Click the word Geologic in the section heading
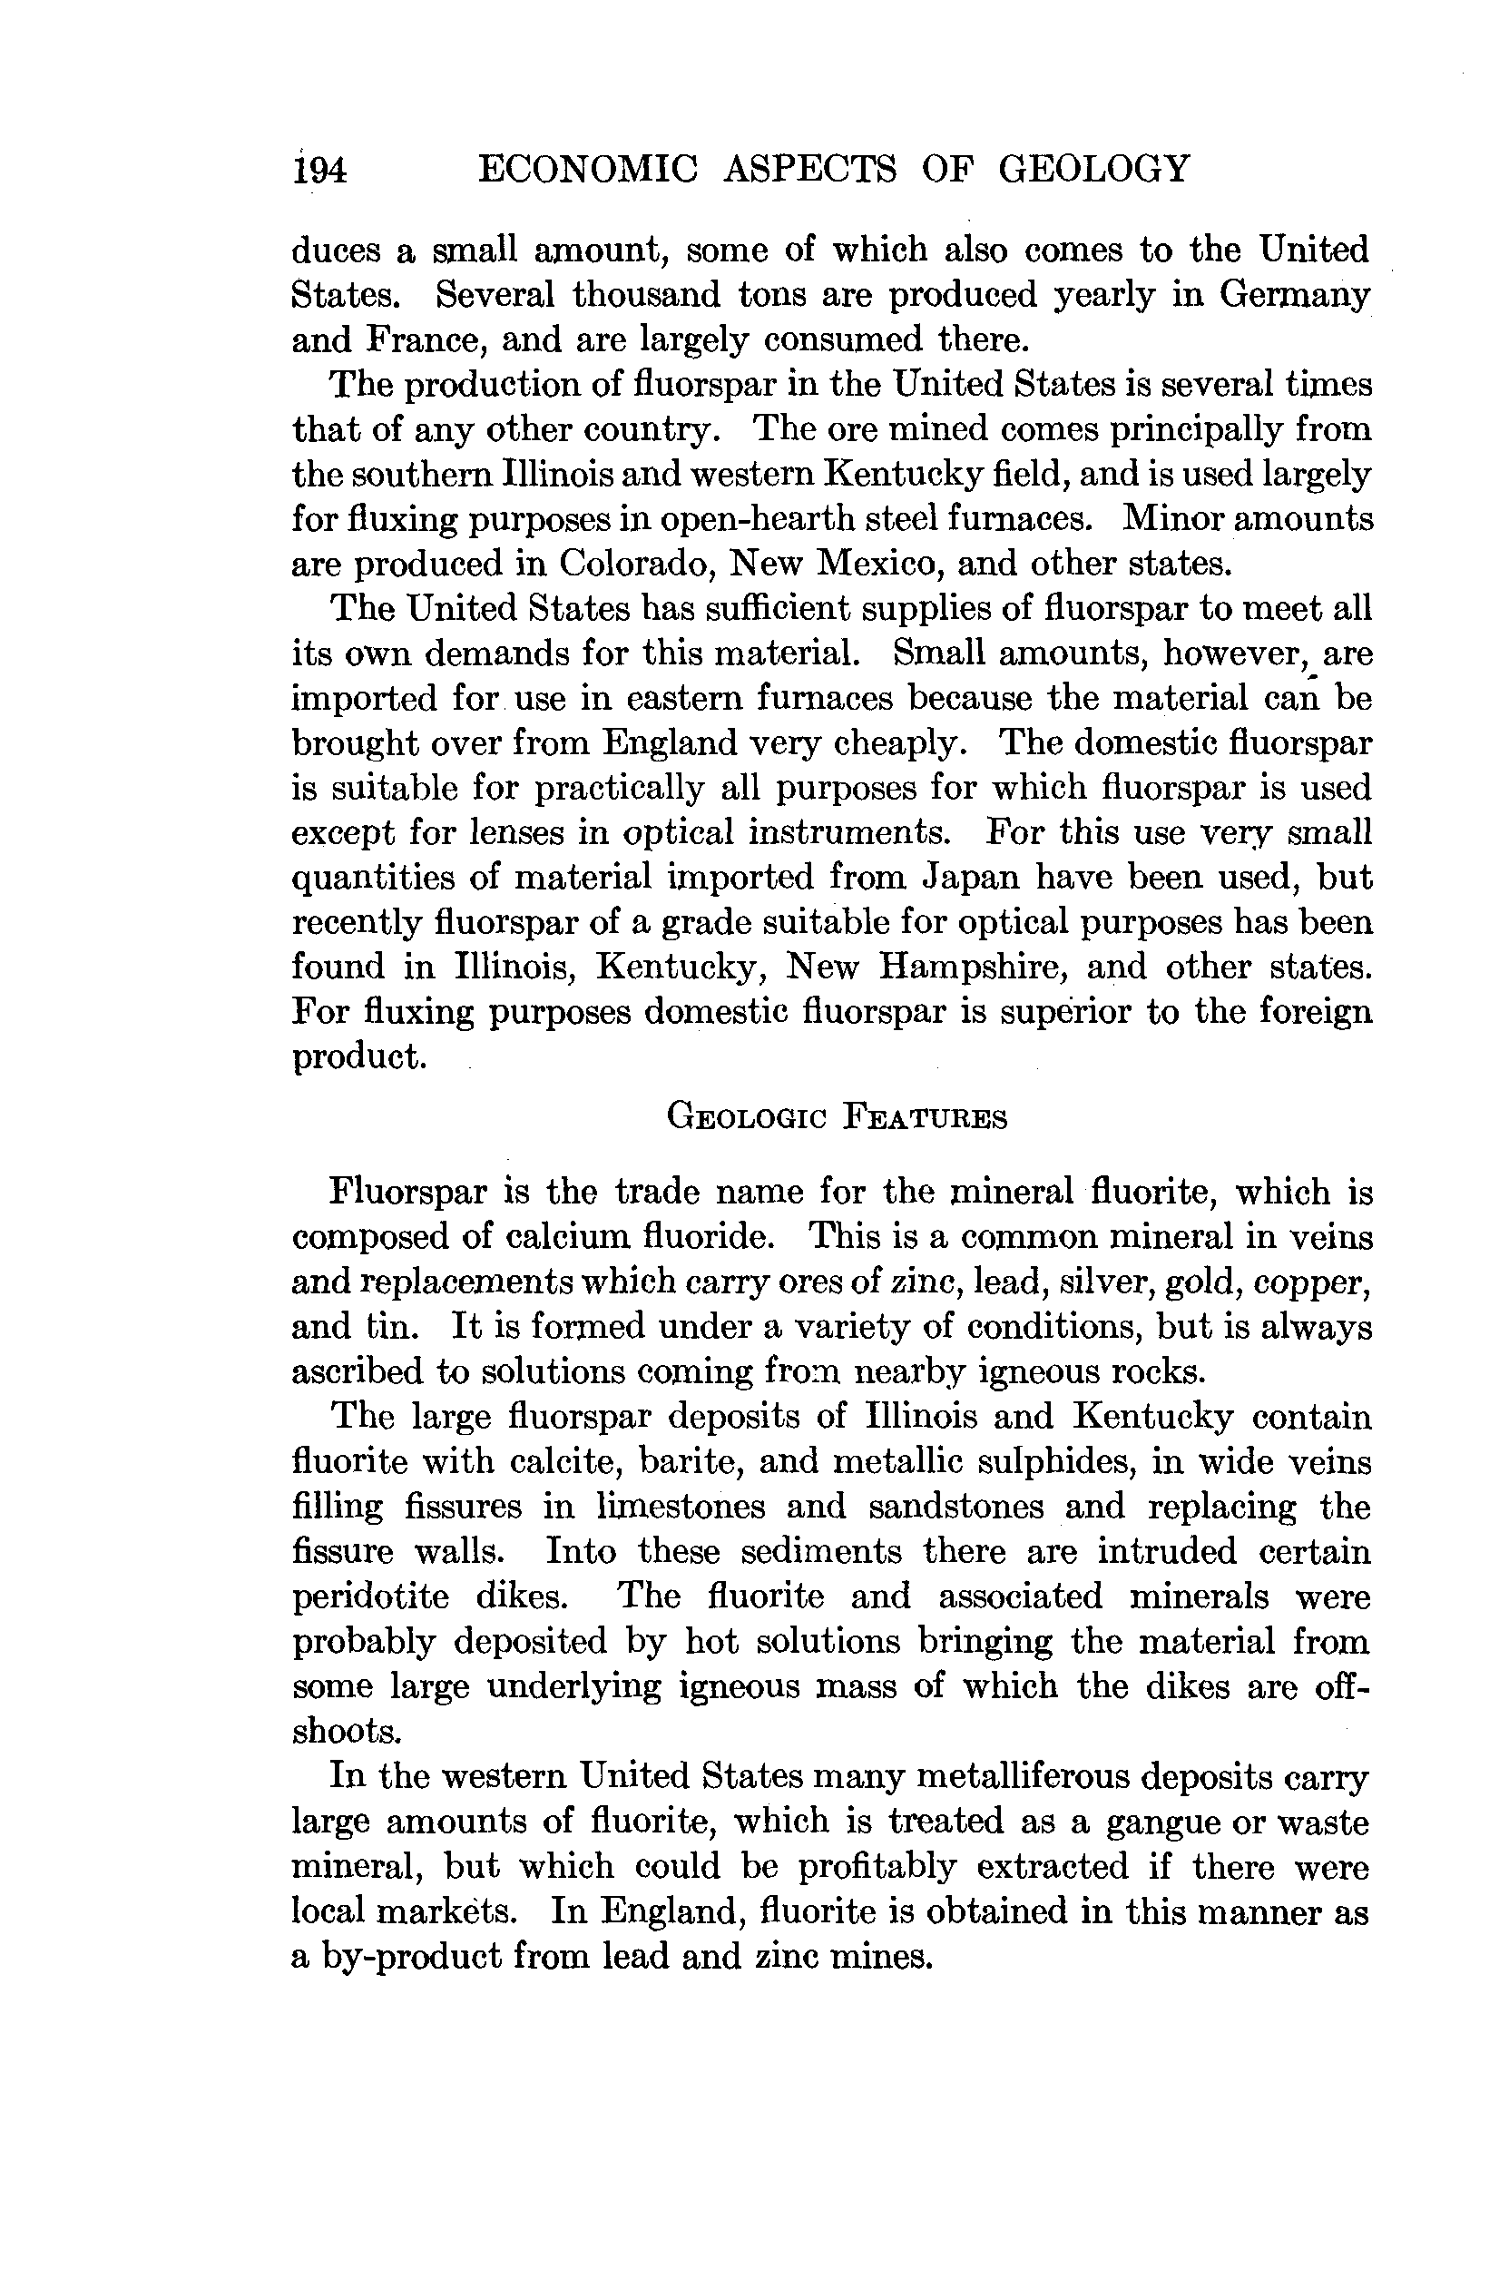pos(747,1117)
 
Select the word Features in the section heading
pos(925,1117)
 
